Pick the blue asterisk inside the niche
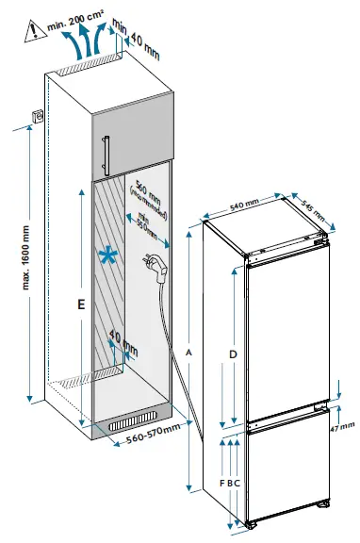(111, 255)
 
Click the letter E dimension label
(82, 305)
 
